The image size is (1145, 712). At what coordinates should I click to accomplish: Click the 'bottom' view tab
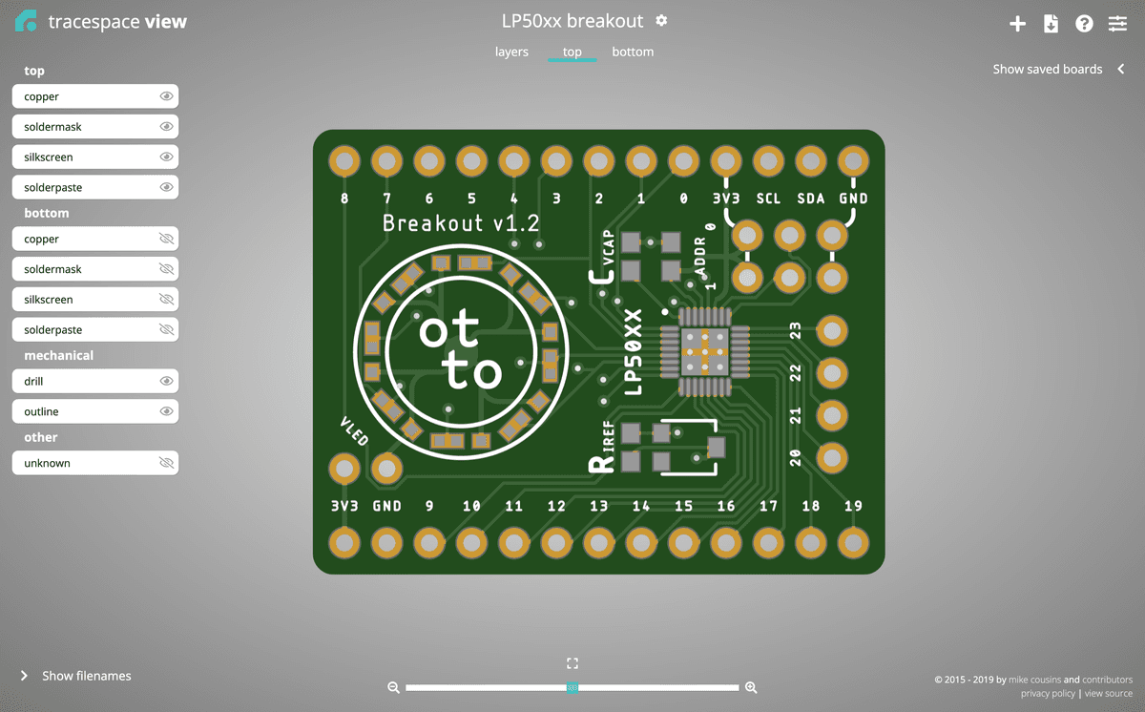pos(633,52)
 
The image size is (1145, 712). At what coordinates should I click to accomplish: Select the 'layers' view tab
pos(511,52)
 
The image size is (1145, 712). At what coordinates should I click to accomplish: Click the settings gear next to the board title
pos(662,21)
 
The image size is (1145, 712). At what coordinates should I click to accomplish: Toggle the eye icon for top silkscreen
pos(166,157)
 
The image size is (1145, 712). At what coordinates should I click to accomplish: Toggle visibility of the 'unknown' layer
pos(166,463)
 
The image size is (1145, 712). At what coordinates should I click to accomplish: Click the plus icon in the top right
pos(1017,24)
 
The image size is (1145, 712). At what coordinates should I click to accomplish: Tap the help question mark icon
pos(1084,24)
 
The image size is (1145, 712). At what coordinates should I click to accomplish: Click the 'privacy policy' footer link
pos(1048,694)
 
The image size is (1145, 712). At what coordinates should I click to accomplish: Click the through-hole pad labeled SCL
pos(768,161)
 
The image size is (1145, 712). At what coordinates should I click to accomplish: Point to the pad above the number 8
pos(343,161)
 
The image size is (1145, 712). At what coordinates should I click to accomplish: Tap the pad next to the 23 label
pos(832,330)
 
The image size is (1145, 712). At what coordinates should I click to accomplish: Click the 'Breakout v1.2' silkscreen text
pos(461,223)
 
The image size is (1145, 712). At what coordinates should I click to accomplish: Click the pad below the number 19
pos(852,542)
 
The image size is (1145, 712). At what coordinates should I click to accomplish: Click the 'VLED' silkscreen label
pos(353,431)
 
